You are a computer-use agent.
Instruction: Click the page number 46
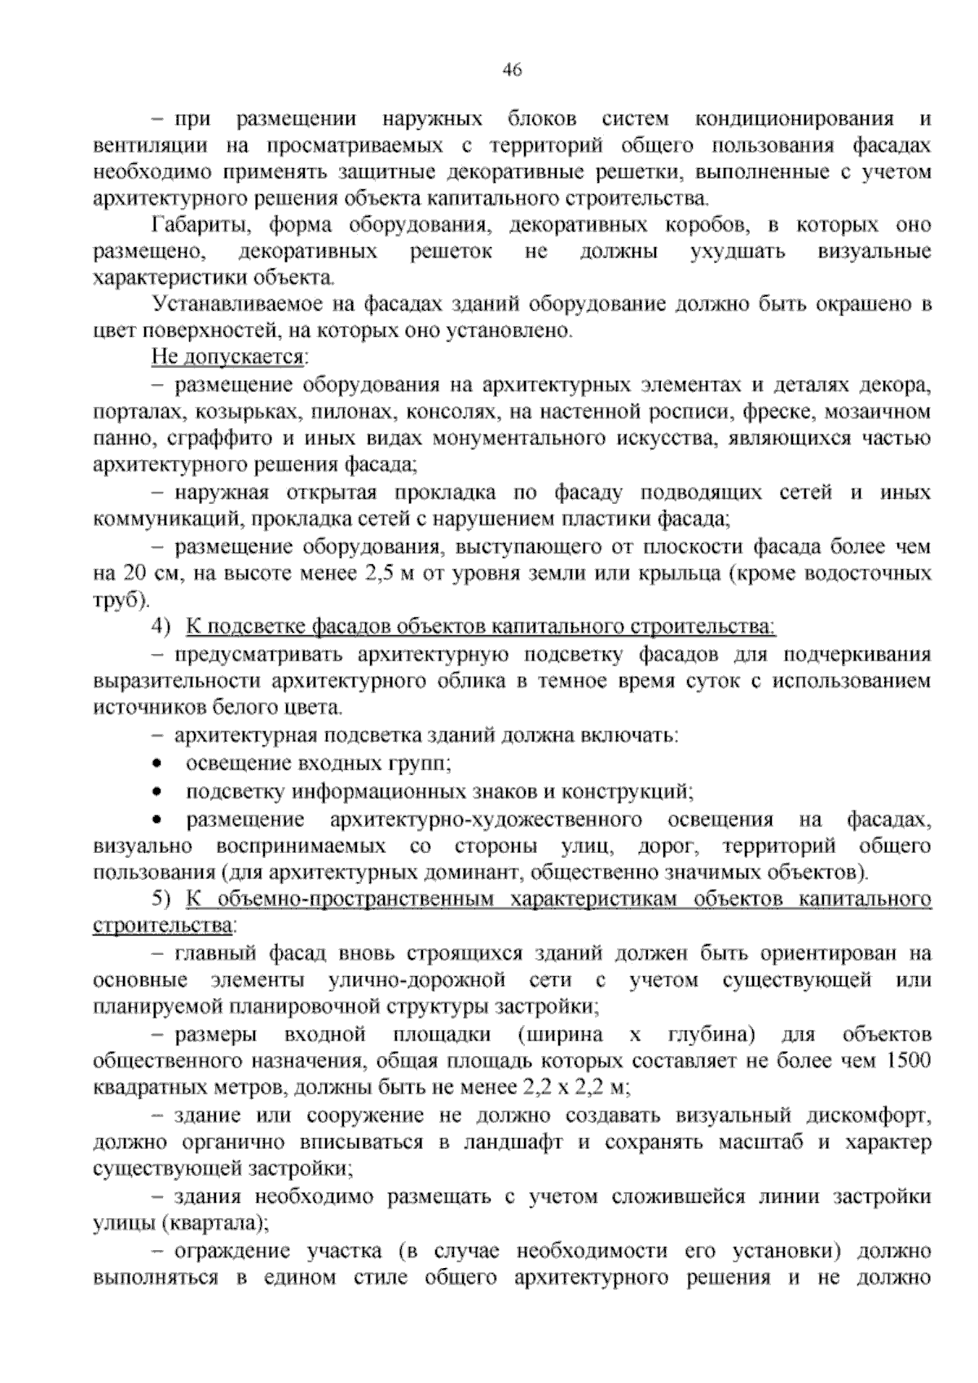(x=512, y=70)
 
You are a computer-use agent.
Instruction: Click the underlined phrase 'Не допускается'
(x=227, y=358)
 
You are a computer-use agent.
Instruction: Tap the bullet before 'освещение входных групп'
(x=157, y=764)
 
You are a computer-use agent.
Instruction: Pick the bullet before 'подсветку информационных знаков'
(x=157, y=792)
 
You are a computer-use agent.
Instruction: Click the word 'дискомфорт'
(x=869, y=1116)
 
